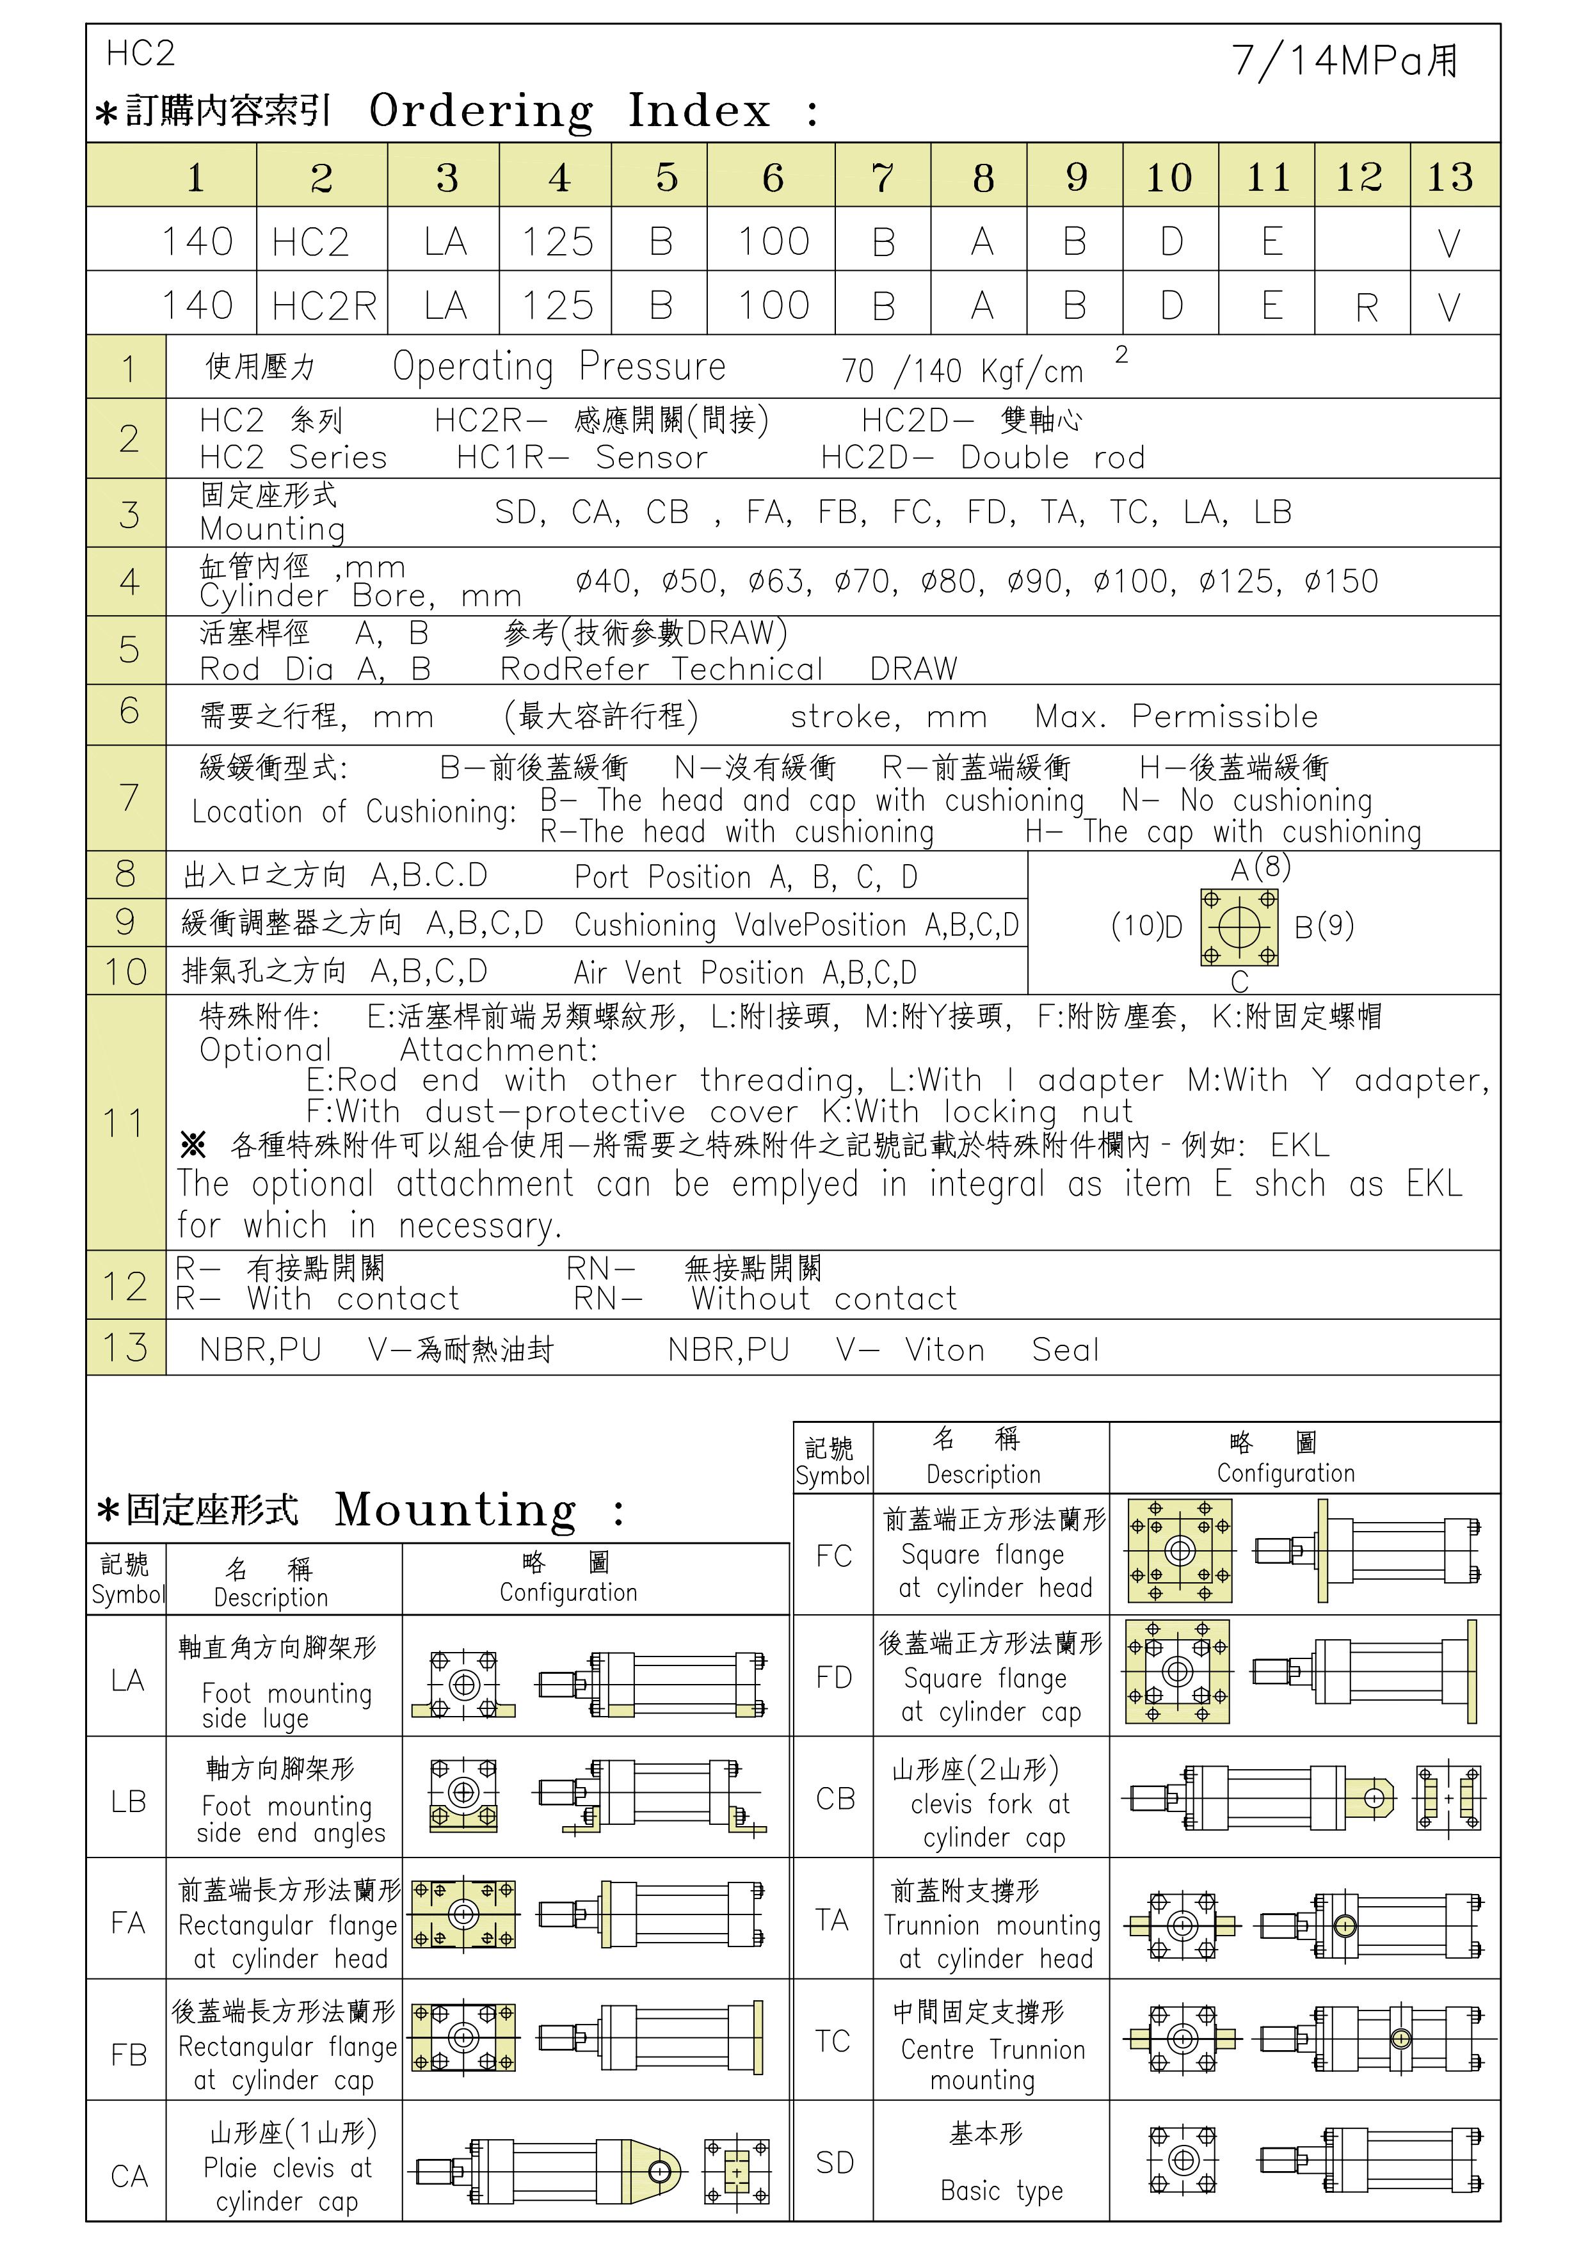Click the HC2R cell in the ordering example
(323, 306)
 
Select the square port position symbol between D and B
(1239, 926)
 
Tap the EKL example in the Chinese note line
(1299, 1144)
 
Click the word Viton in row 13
(944, 1350)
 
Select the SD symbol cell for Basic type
(833, 2162)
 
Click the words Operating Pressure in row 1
(559, 367)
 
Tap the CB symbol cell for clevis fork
(833, 1798)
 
